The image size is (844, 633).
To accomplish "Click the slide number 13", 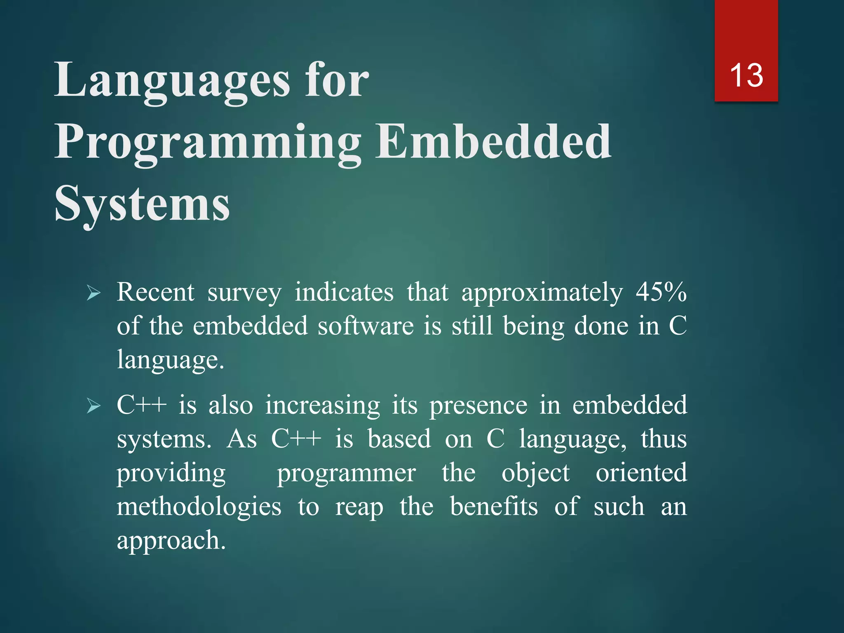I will tap(746, 75).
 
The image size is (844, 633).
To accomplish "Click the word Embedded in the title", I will tap(493, 142).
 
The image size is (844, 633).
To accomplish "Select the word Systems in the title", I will tap(142, 204).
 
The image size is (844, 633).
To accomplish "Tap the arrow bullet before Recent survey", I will tap(94, 293).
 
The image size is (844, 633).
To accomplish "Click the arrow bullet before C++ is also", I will tap(94, 406).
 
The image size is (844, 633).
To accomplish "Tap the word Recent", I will tap(155, 292).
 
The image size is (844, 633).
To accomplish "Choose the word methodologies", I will tap(199, 507).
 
